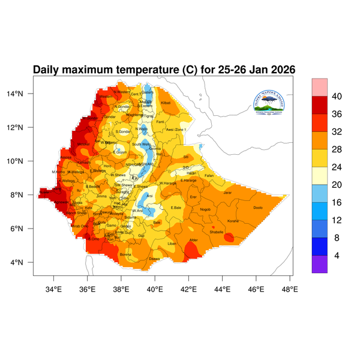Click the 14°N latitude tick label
tap(23, 94)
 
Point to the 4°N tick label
tap(25, 262)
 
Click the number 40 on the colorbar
tap(337, 97)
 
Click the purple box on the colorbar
tap(320, 265)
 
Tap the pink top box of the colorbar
tap(320, 86)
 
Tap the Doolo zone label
tap(258, 208)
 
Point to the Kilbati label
tap(166, 103)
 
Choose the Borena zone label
tap(125, 254)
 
